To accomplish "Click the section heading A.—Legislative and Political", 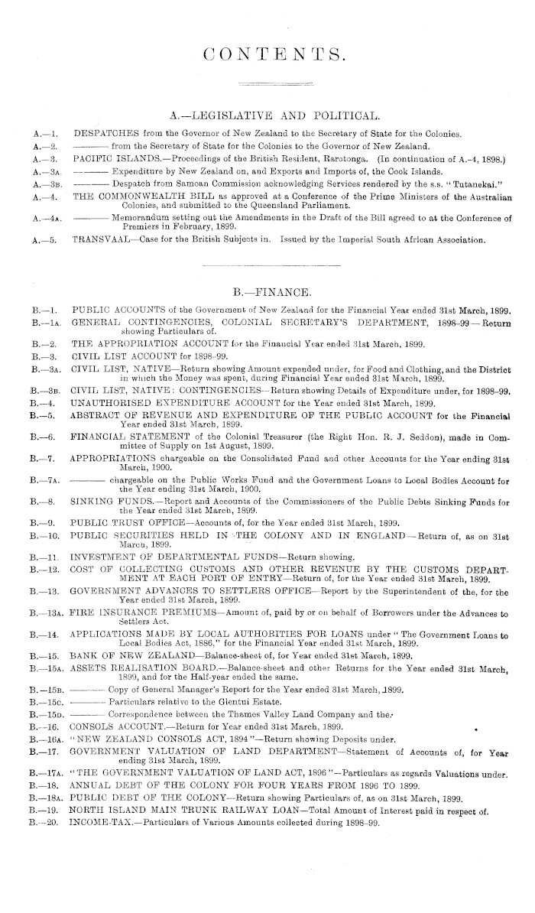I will click(274, 116).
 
